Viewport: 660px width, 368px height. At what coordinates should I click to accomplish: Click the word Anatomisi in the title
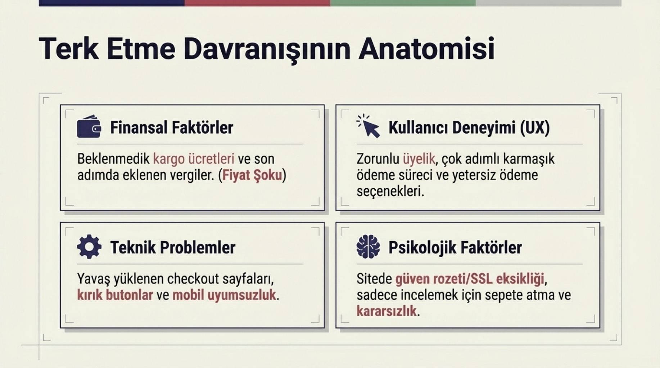(x=426, y=49)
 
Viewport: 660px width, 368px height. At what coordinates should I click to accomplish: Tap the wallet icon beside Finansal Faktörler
(x=89, y=126)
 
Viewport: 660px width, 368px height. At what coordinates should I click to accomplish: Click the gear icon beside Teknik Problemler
(x=89, y=247)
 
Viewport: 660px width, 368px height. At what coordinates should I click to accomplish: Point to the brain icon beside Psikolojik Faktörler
(x=368, y=247)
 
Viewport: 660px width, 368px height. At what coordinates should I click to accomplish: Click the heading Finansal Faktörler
(x=172, y=128)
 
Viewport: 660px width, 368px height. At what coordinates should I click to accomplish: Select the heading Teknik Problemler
(x=173, y=248)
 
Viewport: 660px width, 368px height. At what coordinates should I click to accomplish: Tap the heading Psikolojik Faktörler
(x=455, y=248)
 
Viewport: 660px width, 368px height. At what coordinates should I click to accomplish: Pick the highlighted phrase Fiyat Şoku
(x=252, y=175)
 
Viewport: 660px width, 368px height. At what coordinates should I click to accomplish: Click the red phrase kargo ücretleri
(x=194, y=159)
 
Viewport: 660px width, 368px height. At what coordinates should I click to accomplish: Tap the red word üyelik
(x=419, y=159)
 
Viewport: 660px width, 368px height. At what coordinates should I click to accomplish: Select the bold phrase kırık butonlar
(x=115, y=295)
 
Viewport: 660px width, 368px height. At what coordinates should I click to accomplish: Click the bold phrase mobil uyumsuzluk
(x=224, y=295)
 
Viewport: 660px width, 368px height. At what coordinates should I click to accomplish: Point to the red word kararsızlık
(x=386, y=311)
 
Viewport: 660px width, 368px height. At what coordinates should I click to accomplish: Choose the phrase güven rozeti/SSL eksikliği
(x=470, y=279)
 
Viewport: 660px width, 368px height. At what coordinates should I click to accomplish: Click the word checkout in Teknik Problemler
(x=193, y=279)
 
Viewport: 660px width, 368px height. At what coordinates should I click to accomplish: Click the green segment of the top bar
(x=403, y=3)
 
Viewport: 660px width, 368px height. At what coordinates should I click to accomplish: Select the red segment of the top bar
(x=257, y=3)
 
